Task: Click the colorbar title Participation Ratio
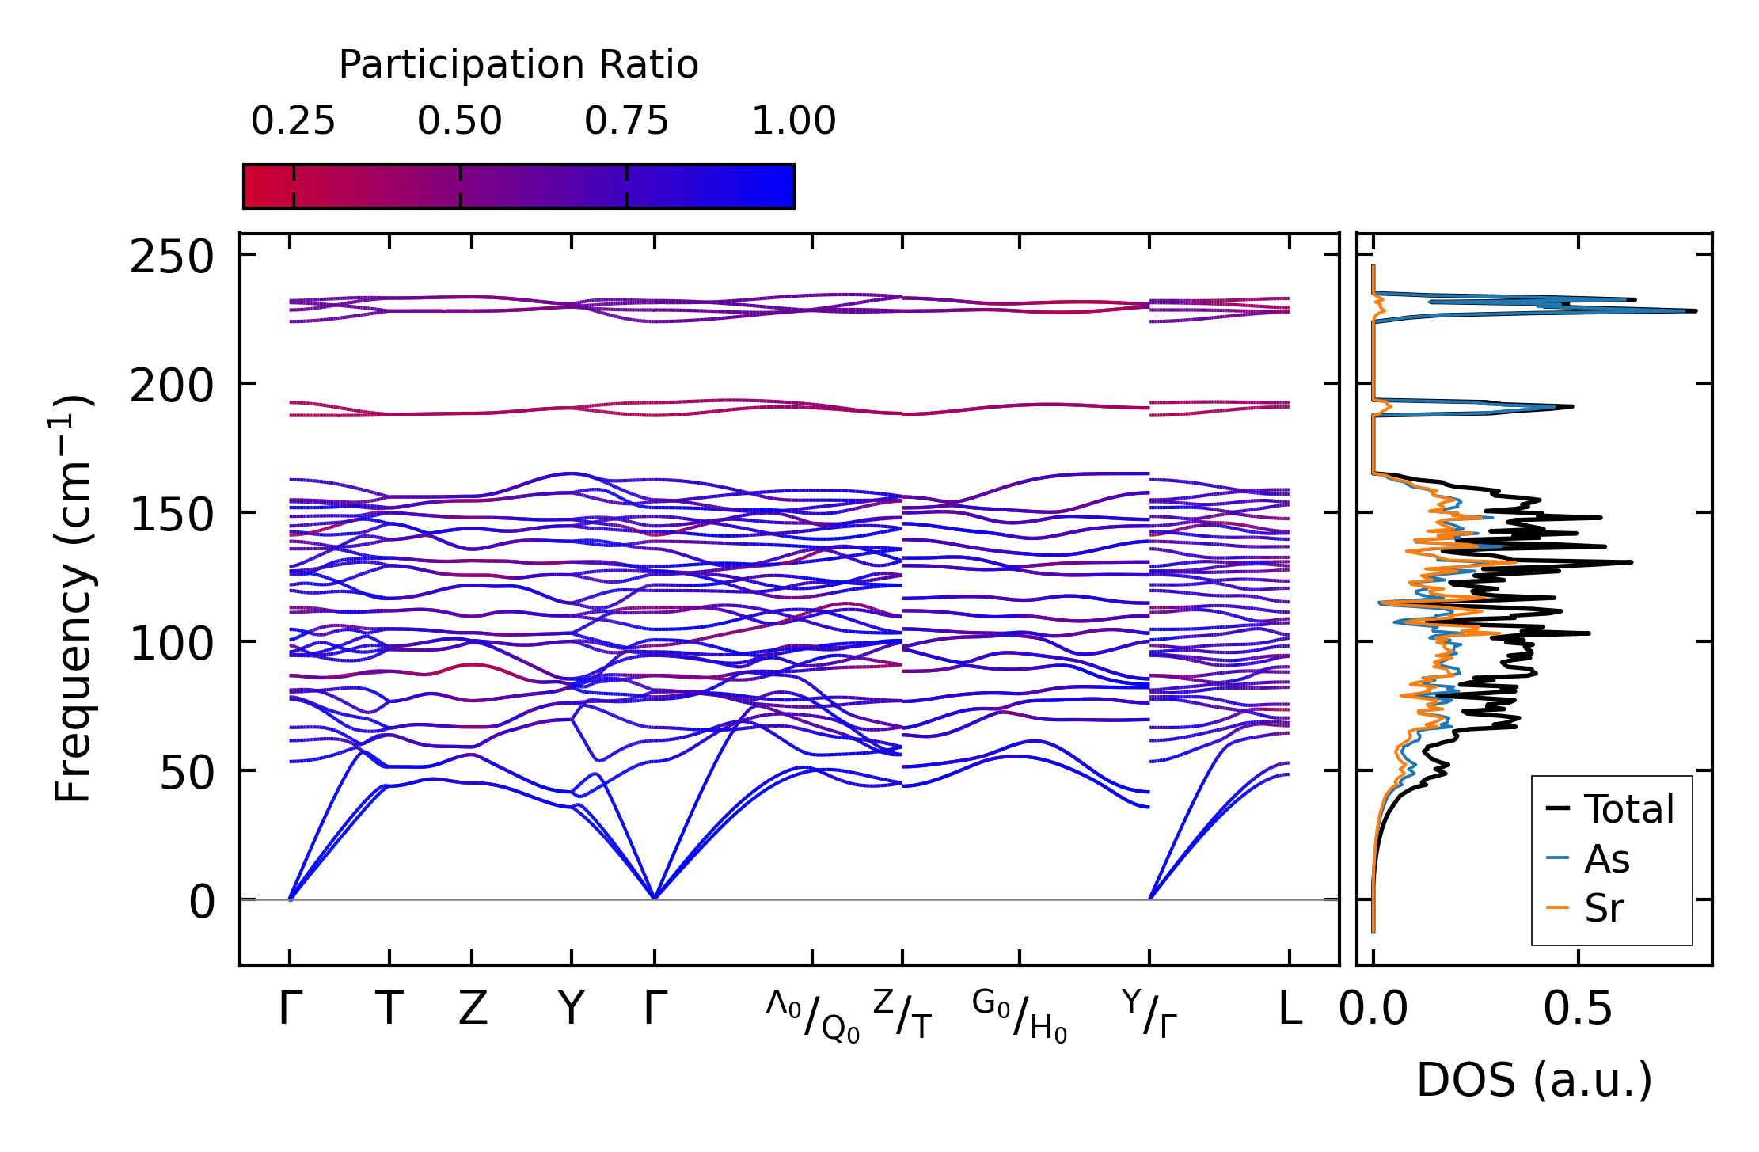[x=519, y=65]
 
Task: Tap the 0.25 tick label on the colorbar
[x=293, y=122]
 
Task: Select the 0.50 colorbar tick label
[x=460, y=122]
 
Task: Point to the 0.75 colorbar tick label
[x=627, y=122]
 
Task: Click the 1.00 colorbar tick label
[x=793, y=122]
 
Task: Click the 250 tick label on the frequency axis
[x=172, y=257]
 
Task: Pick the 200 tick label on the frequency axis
[x=172, y=387]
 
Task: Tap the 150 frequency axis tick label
[x=172, y=516]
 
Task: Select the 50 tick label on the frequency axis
[x=187, y=774]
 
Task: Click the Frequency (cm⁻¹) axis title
[x=73, y=599]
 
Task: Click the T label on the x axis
[x=389, y=1009]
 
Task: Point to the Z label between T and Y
[x=473, y=1009]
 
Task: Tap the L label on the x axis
[x=1290, y=1009]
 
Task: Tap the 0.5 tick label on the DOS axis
[x=1577, y=1009]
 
